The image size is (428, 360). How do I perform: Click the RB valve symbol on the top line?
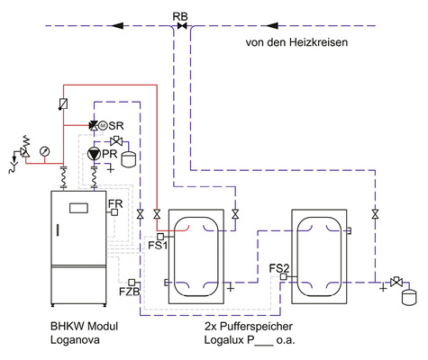(182, 26)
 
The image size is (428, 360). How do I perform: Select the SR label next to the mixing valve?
(116, 126)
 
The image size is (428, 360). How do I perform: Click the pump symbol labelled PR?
(94, 154)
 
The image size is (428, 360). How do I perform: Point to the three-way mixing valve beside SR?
(94, 126)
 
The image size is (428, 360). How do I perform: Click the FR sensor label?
(114, 204)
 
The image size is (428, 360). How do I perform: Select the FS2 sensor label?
(280, 267)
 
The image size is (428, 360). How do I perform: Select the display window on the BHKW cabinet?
(77, 209)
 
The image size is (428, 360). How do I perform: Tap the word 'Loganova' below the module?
(75, 342)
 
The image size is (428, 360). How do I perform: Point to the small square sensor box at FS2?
(284, 277)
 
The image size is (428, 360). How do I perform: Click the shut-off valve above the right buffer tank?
(374, 214)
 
